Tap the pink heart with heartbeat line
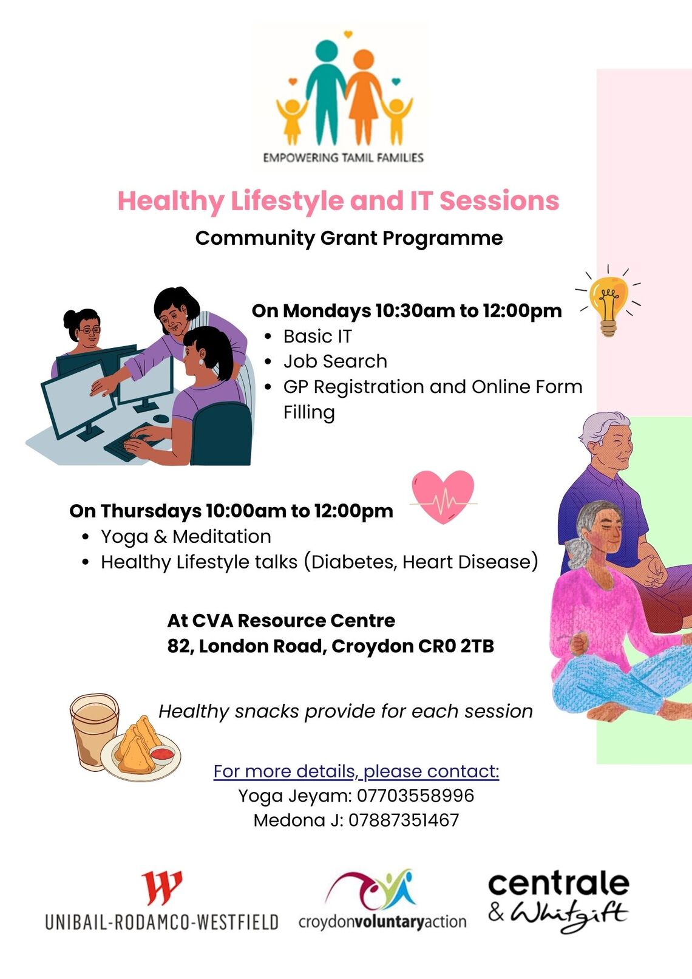click(443, 497)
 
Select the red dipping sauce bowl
click(162, 754)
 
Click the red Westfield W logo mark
click(161, 888)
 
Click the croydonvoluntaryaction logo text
click(382, 922)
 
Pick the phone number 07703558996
click(415, 796)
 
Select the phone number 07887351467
click(404, 820)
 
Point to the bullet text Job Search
click(335, 361)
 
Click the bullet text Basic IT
click(317, 336)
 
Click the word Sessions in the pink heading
click(500, 200)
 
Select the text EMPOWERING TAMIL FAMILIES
click(343, 157)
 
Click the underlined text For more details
click(285, 771)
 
